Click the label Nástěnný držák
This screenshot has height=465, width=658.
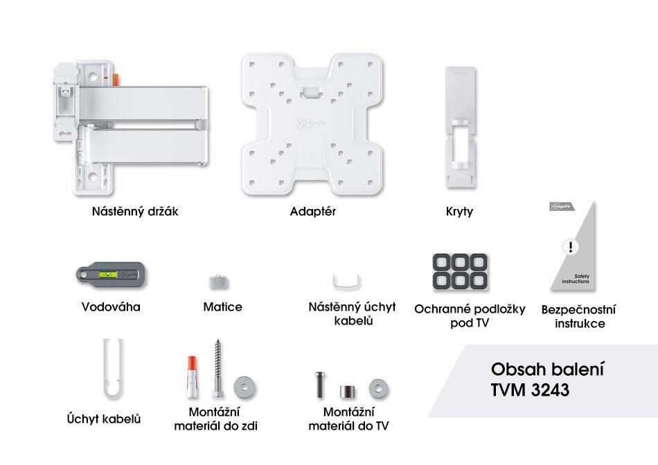point(135,212)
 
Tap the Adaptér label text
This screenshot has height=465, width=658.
point(312,212)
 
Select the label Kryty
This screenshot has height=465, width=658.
point(459,212)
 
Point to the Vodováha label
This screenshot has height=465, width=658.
point(111,307)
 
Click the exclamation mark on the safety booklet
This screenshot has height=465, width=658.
point(569,246)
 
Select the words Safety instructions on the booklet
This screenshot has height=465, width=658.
point(576,280)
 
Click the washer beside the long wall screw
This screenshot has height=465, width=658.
point(243,385)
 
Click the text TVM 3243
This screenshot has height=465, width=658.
point(530,390)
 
